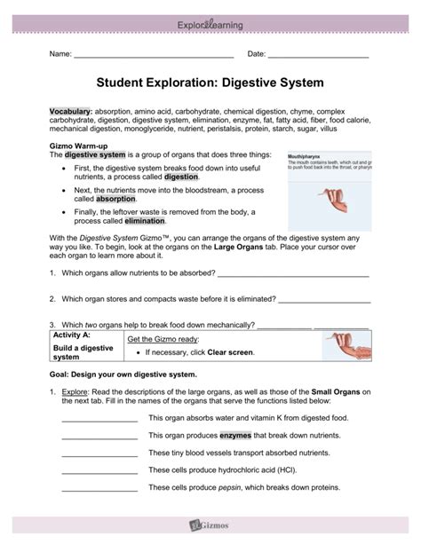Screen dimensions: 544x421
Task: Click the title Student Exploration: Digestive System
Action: [x=210, y=83]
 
